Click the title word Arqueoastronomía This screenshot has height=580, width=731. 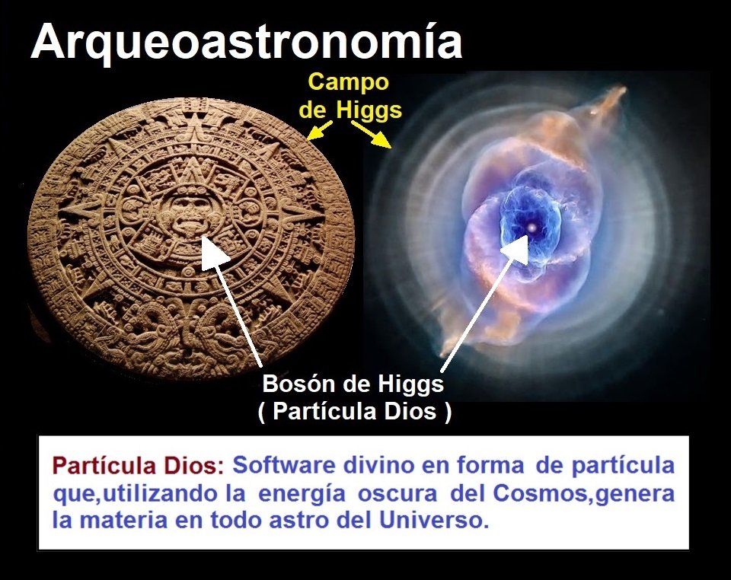246,41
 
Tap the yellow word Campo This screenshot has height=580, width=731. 349,82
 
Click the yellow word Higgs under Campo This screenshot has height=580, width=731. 369,111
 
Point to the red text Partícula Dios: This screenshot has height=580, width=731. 139,466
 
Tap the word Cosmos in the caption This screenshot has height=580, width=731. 541,493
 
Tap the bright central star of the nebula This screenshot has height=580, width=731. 531,228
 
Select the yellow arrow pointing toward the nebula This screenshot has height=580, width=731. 372,134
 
